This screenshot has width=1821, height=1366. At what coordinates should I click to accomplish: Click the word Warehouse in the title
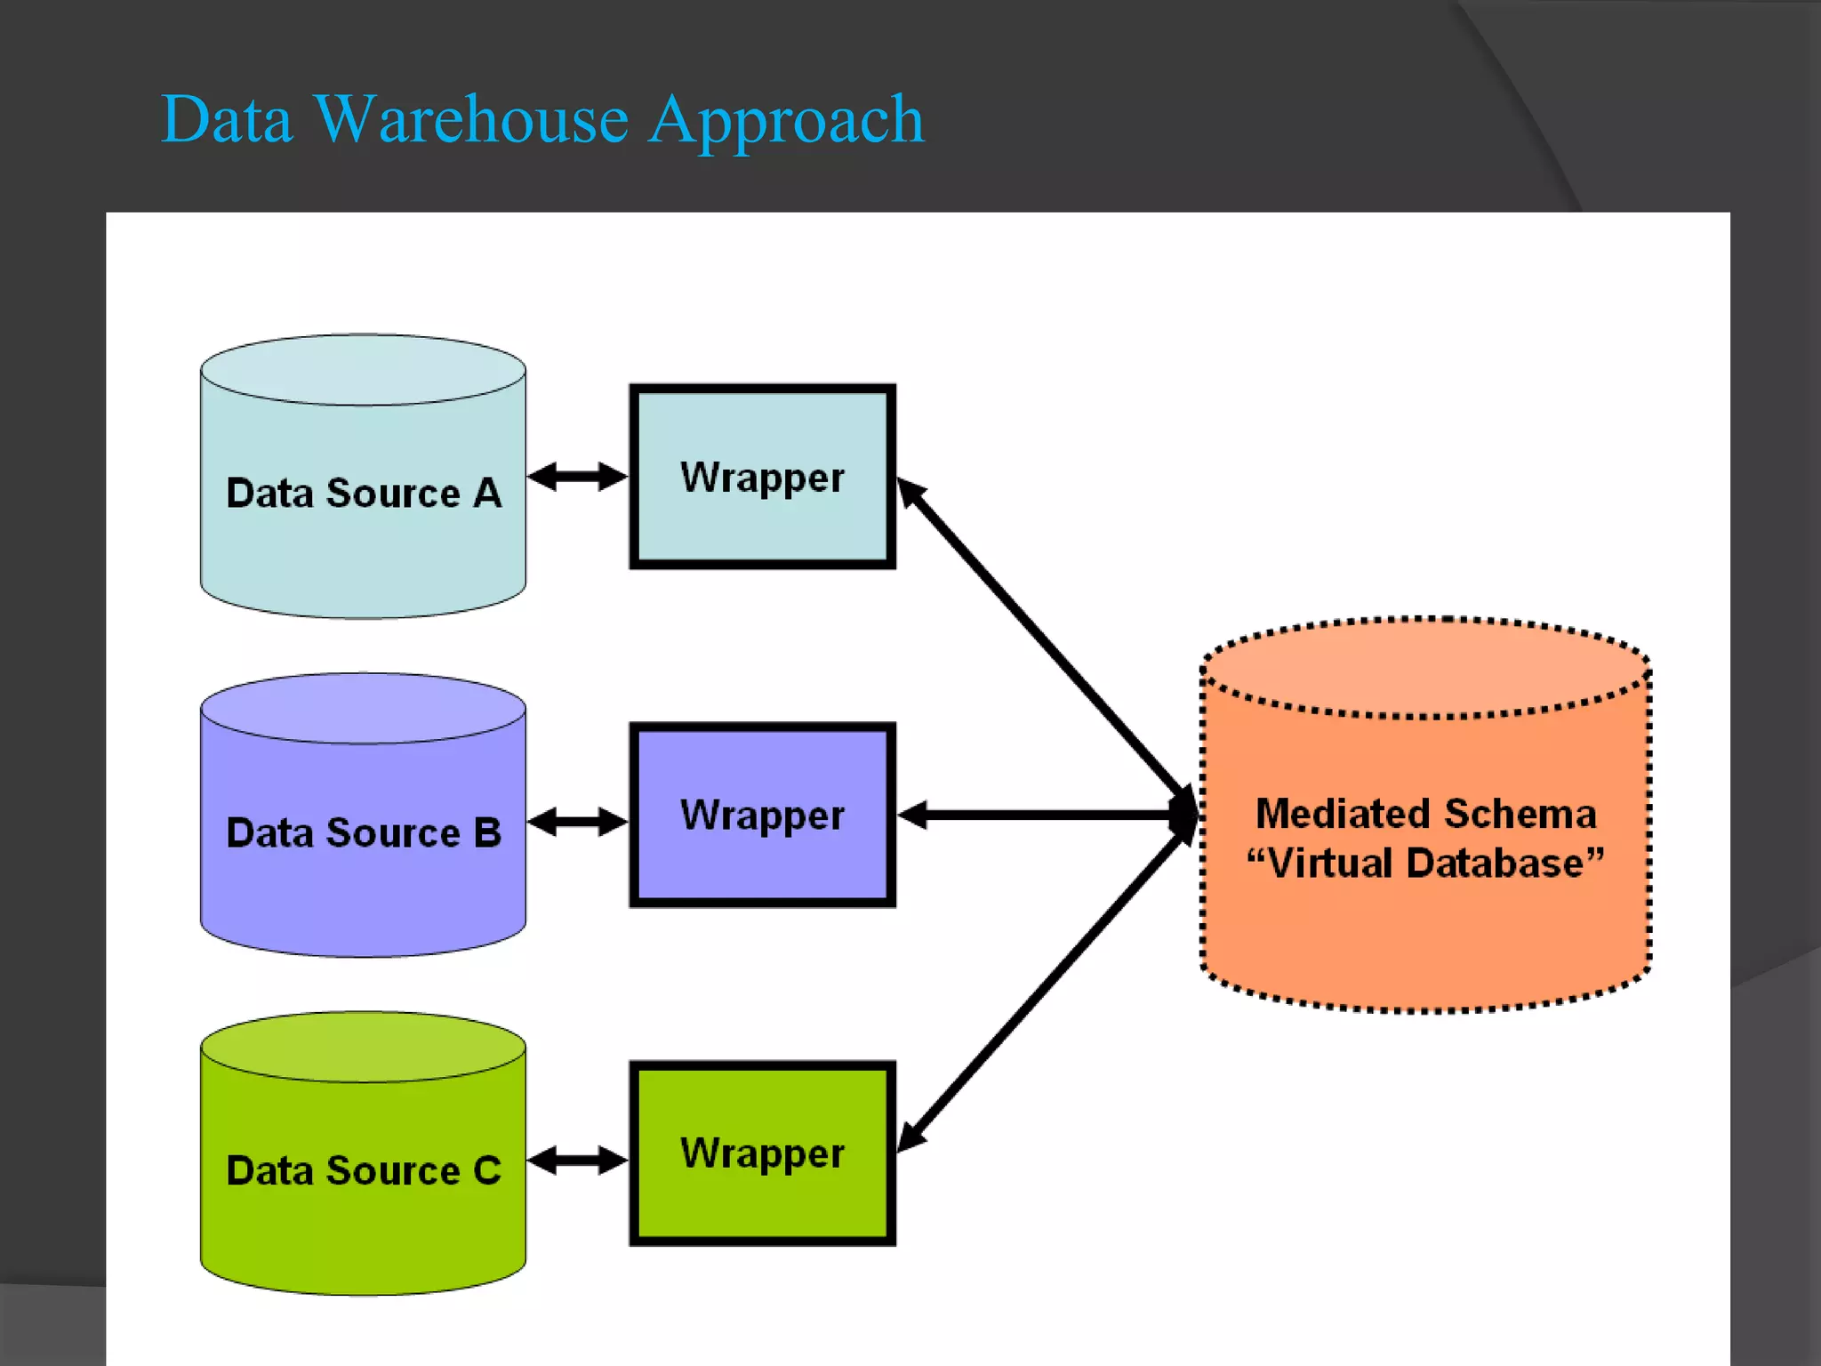click(471, 119)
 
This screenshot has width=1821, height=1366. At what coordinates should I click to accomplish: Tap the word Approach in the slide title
click(786, 119)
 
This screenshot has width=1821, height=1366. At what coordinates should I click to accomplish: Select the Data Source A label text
click(364, 494)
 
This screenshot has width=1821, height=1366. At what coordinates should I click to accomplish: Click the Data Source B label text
click(364, 833)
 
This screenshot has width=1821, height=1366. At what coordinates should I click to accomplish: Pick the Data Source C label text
click(364, 1171)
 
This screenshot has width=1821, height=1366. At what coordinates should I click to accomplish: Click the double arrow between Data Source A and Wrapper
click(578, 477)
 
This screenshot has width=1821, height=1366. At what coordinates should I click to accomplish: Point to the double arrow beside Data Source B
click(578, 821)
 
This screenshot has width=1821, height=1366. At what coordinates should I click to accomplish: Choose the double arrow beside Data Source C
click(578, 1160)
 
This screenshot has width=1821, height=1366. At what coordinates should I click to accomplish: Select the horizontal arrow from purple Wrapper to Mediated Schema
click(1040, 815)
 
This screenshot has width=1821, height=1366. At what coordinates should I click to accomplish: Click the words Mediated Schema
click(1425, 814)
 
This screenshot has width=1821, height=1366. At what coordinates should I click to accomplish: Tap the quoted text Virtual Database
click(1425, 864)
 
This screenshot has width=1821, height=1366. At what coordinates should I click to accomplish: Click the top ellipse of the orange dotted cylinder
click(1425, 667)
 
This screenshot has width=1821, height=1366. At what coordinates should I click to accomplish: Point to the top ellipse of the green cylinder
click(363, 1047)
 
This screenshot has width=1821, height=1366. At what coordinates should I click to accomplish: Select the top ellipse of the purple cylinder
click(363, 708)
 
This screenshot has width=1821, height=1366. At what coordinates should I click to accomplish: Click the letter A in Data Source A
click(487, 494)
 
